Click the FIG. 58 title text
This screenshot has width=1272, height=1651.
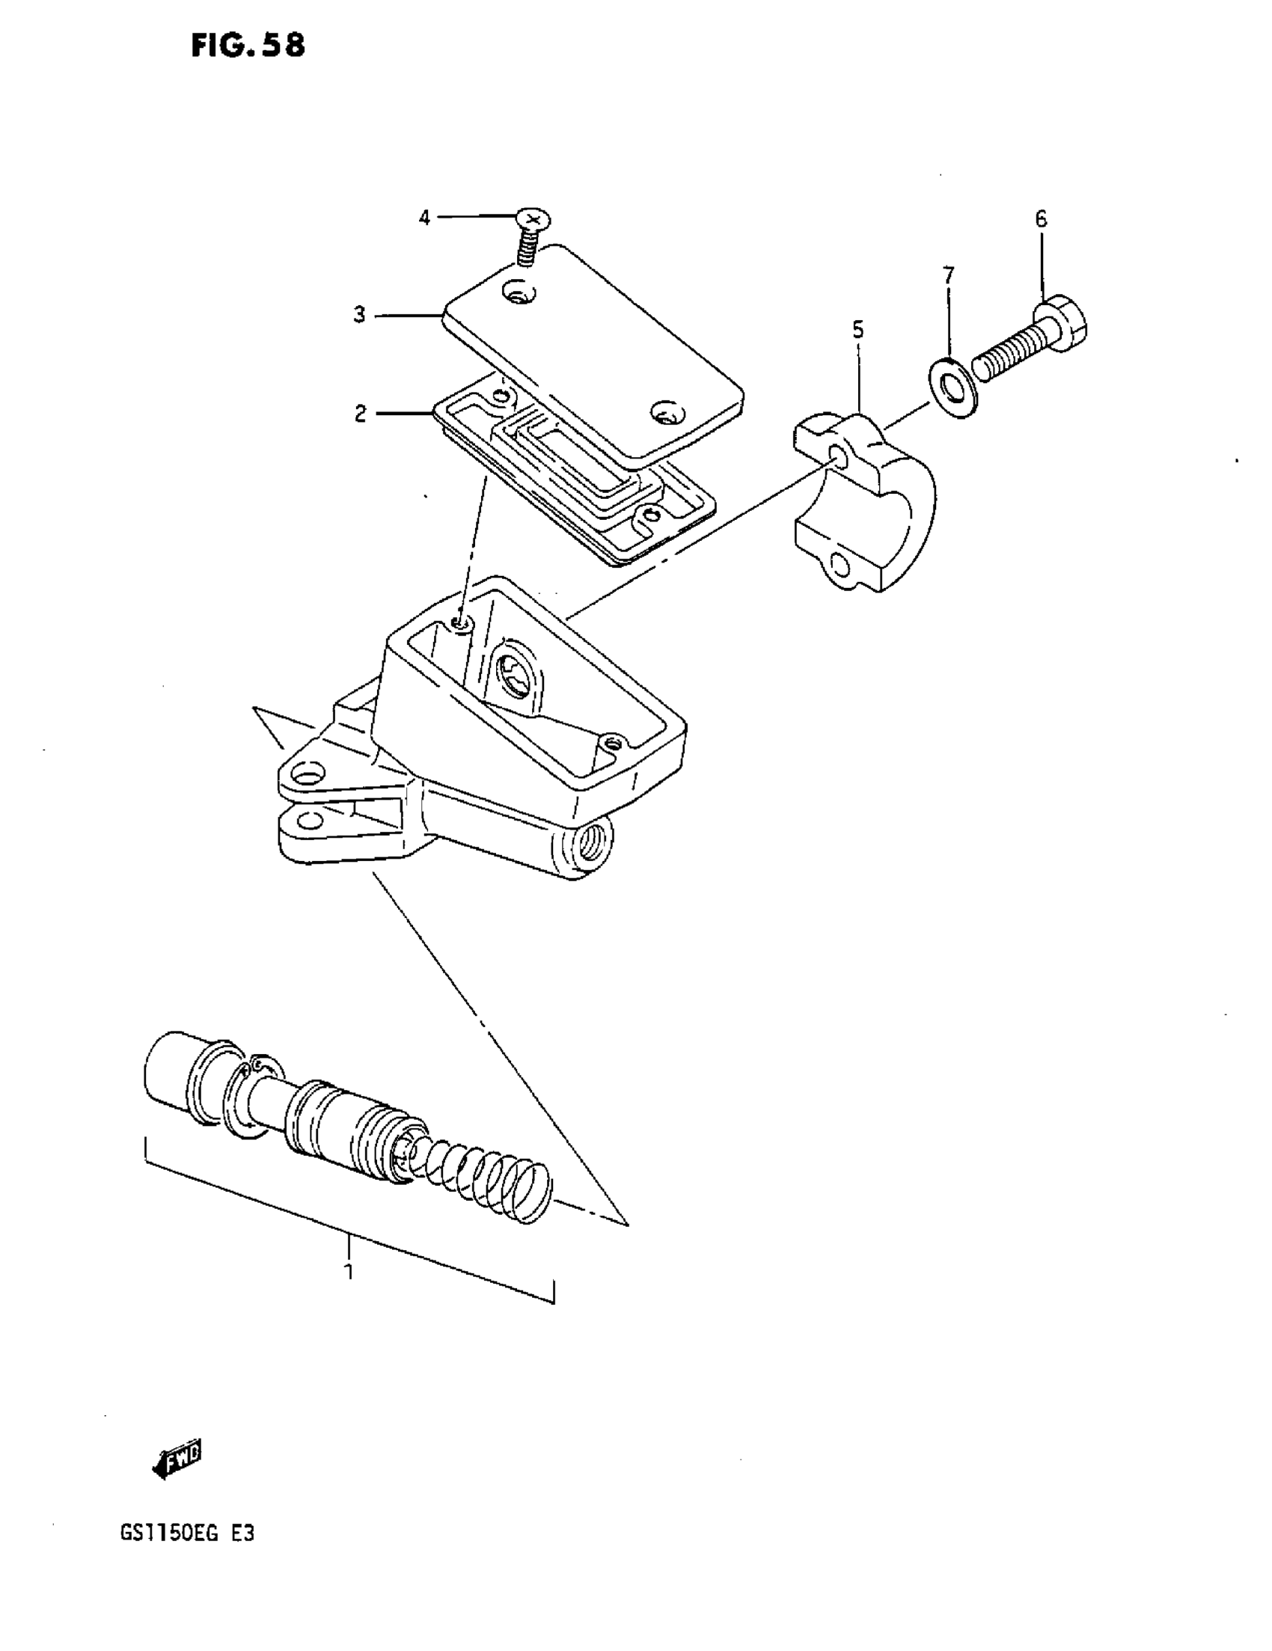248,46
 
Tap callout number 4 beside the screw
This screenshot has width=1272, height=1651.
424,218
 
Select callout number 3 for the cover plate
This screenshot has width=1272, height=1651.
359,314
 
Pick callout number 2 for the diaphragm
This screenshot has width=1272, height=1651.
360,414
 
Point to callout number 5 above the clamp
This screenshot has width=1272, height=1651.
857,330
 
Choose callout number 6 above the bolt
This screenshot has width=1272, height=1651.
1042,219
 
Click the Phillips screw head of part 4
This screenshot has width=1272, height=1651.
533,220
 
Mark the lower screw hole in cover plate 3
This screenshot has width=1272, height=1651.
666,413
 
